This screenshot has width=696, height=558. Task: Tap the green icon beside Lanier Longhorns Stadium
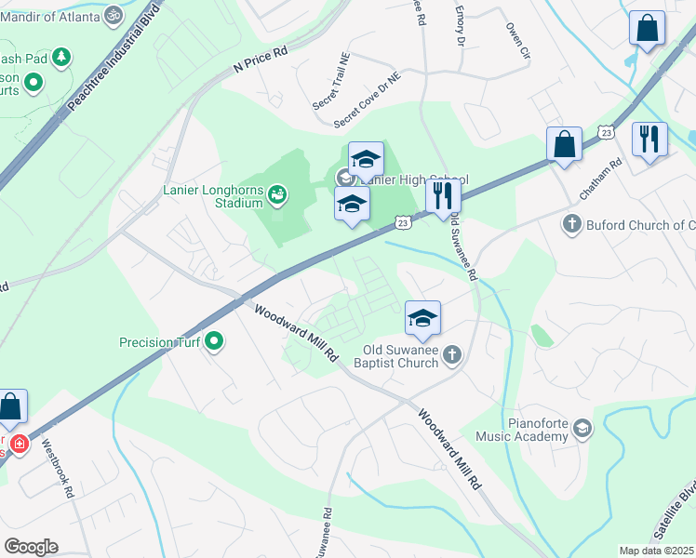pyautogui.click(x=276, y=194)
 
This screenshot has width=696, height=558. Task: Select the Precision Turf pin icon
pyautogui.click(x=214, y=342)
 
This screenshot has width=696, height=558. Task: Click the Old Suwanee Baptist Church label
pyautogui.click(x=400, y=356)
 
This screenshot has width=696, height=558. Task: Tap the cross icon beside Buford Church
pyautogui.click(x=572, y=224)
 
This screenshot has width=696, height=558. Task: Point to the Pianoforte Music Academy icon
pyautogui.click(x=582, y=427)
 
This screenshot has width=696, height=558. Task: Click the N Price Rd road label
pyautogui.click(x=261, y=60)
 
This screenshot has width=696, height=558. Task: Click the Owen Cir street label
pyautogui.click(x=517, y=42)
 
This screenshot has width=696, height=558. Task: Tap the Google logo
pyautogui.click(x=31, y=547)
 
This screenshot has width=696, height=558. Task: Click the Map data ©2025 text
pyautogui.click(x=656, y=551)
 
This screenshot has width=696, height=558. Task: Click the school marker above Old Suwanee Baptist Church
pyautogui.click(x=422, y=318)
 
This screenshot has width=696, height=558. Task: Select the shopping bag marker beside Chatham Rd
pyautogui.click(x=564, y=145)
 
